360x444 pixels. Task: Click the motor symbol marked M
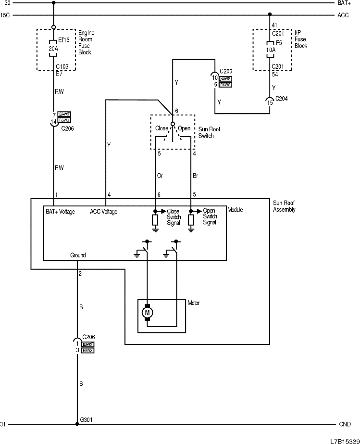[x=148, y=313]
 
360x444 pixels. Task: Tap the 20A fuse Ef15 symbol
[x=53, y=49]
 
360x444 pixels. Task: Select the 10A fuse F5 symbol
[x=269, y=49]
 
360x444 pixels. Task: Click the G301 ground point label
[x=86, y=419]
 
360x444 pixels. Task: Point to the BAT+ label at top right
[x=344, y=3]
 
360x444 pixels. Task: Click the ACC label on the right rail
[x=343, y=15]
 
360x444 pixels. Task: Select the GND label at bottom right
[x=344, y=424]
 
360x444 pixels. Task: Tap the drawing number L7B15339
[x=344, y=440]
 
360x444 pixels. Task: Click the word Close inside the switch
[x=161, y=128]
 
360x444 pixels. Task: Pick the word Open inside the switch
[x=184, y=128]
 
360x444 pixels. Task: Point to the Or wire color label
[x=160, y=176]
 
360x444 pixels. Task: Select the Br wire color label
[x=195, y=176]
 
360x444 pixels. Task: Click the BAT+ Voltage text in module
[x=60, y=212]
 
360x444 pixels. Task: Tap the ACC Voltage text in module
[x=103, y=212]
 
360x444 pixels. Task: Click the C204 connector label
[x=282, y=100]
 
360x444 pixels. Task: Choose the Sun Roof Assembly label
[x=284, y=206]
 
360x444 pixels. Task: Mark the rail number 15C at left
[x=5, y=15]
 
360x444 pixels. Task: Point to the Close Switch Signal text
[x=174, y=216]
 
